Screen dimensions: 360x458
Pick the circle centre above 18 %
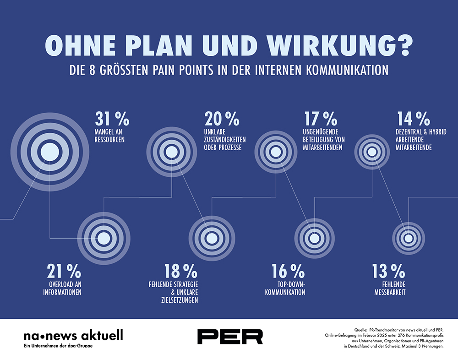tap(211, 238)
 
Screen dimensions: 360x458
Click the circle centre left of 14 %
tap(372, 152)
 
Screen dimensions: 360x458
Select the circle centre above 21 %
tap(104, 238)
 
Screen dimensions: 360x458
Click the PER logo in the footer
tap(230, 336)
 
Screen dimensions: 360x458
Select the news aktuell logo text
tap(73, 336)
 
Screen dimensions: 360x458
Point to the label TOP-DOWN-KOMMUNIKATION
tap(285, 288)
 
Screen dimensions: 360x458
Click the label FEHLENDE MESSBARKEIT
tap(387, 288)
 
